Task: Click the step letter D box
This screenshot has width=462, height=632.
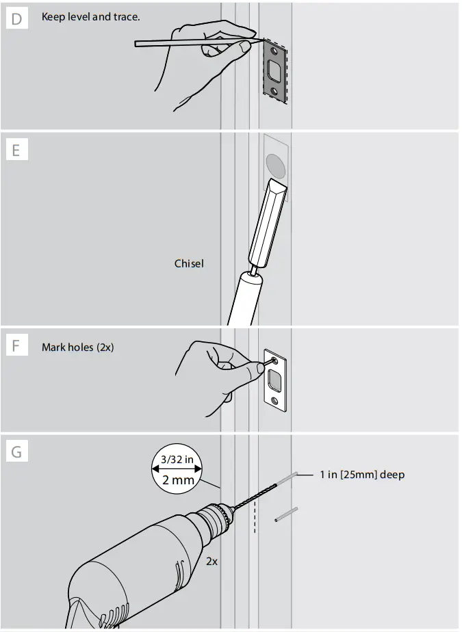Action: pyautogui.click(x=16, y=18)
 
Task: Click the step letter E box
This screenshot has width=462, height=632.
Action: pyautogui.click(x=16, y=149)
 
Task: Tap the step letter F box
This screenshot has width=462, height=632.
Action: pyautogui.click(x=16, y=346)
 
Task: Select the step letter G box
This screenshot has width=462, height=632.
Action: pyautogui.click(x=16, y=451)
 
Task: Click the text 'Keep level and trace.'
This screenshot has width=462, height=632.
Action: pyautogui.click(x=90, y=16)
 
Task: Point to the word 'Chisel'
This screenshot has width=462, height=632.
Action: pyautogui.click(x=189, y=263)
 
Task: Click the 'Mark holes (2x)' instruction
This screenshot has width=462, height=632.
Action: pyautogui.click(x=77, y=347)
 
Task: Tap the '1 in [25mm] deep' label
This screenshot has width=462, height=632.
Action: pyautogui.click(x=362, y=475)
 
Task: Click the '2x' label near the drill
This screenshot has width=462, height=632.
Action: pyautogui.click(x=212, y=561)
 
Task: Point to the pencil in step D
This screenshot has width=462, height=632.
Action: pyautogui.click(x=192, y=44)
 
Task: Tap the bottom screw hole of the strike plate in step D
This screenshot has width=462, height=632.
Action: pyautogui.click(x=274, y=91)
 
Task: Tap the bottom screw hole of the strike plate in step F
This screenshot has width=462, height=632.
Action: pyautogui.click(x=274, y=401)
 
